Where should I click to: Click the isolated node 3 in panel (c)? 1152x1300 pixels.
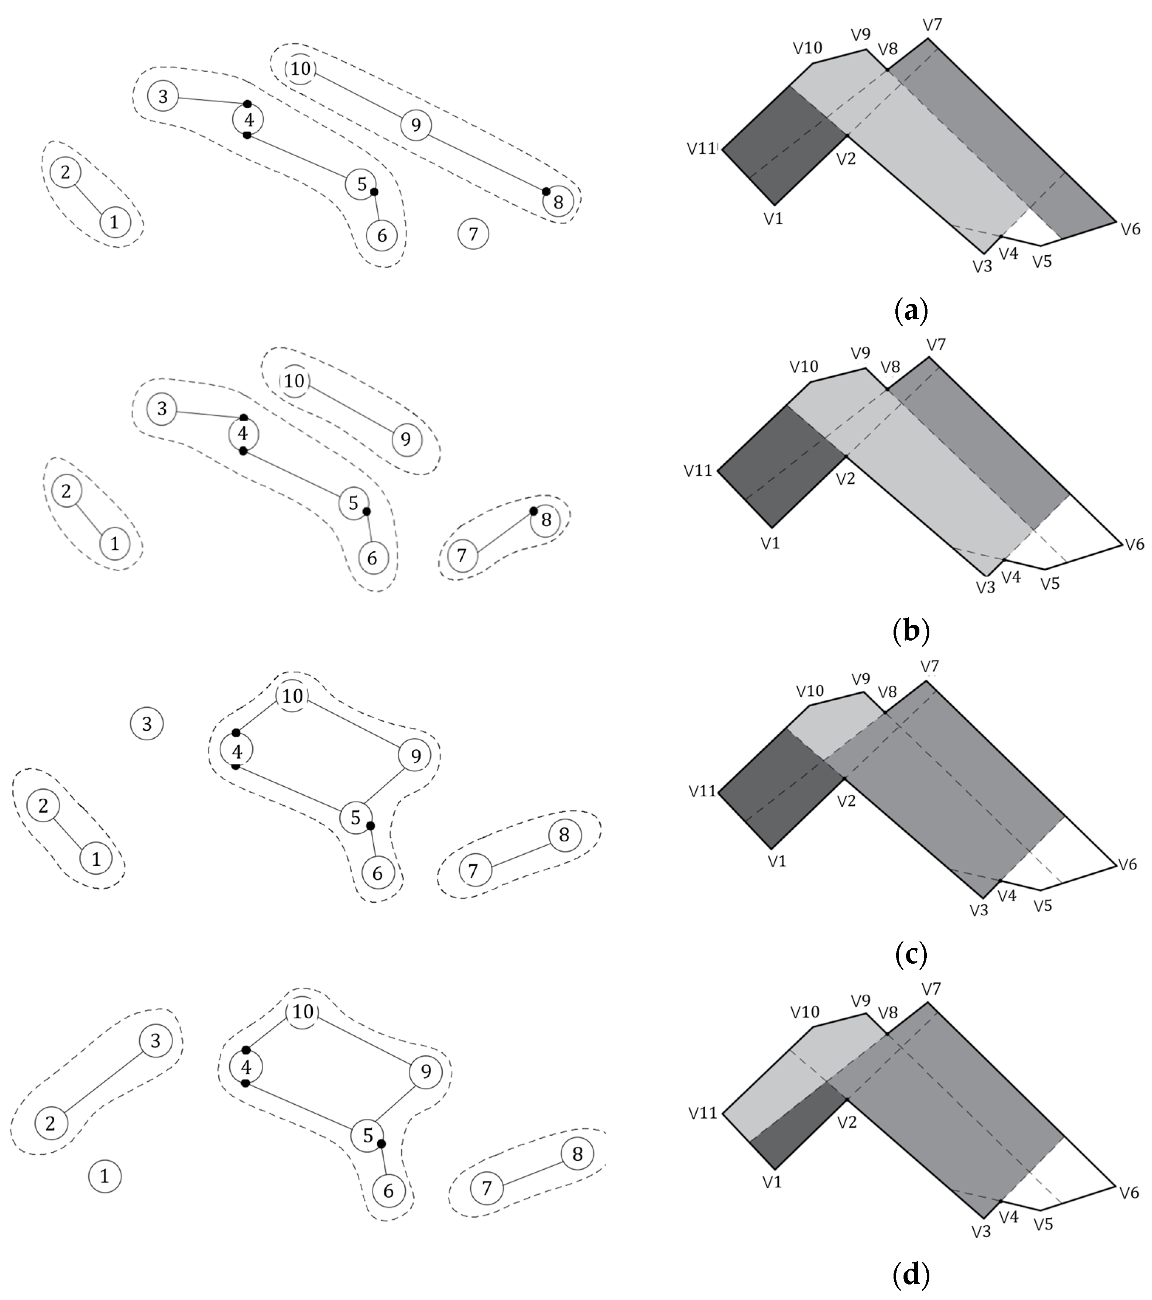point(147,723)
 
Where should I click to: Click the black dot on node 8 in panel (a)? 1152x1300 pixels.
point(546,192)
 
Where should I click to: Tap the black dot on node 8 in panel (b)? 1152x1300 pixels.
point(534,511)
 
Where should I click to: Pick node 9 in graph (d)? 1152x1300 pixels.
point(426,1072)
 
